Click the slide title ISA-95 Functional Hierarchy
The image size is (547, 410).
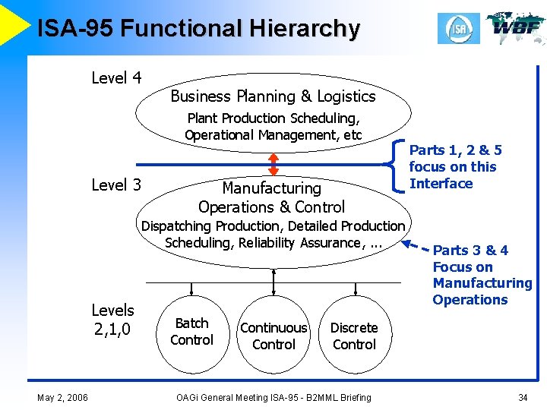pyautogui.click(x=198, y=28)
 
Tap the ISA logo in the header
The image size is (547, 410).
pyautogui.click(x=459, y=28)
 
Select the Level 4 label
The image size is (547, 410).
pyautogui.click(x=116, y=77)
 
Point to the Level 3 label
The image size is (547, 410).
pyautogui.click(x=116, y=184)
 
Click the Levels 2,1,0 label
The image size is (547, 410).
pyautogui.click(x=112, y=319)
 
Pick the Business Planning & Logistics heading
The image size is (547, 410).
pyautogui.click(x=273, y=96)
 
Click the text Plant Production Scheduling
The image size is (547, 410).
pyautogui.click(x=273, y=118)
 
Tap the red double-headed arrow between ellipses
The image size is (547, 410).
pyautogui.click(x=273, y=165)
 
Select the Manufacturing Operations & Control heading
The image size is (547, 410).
pyautogui.click(x=271, y=197)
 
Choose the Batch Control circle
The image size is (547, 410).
pyautogui.click(x=191, y=332)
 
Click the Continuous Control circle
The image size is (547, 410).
pyautogui.click(x=273, y=336)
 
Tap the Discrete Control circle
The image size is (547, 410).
pyautogui.click(x=354, y=336)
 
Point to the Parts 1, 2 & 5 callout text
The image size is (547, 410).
pyautogui.click(x=454, y=167)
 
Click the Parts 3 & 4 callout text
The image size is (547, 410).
pyautogui.click(x=482, y=274)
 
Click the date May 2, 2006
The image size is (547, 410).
pyautogui.click(x=62, y=397)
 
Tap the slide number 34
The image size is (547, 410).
pyautogui.click(x=522, y=397)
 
